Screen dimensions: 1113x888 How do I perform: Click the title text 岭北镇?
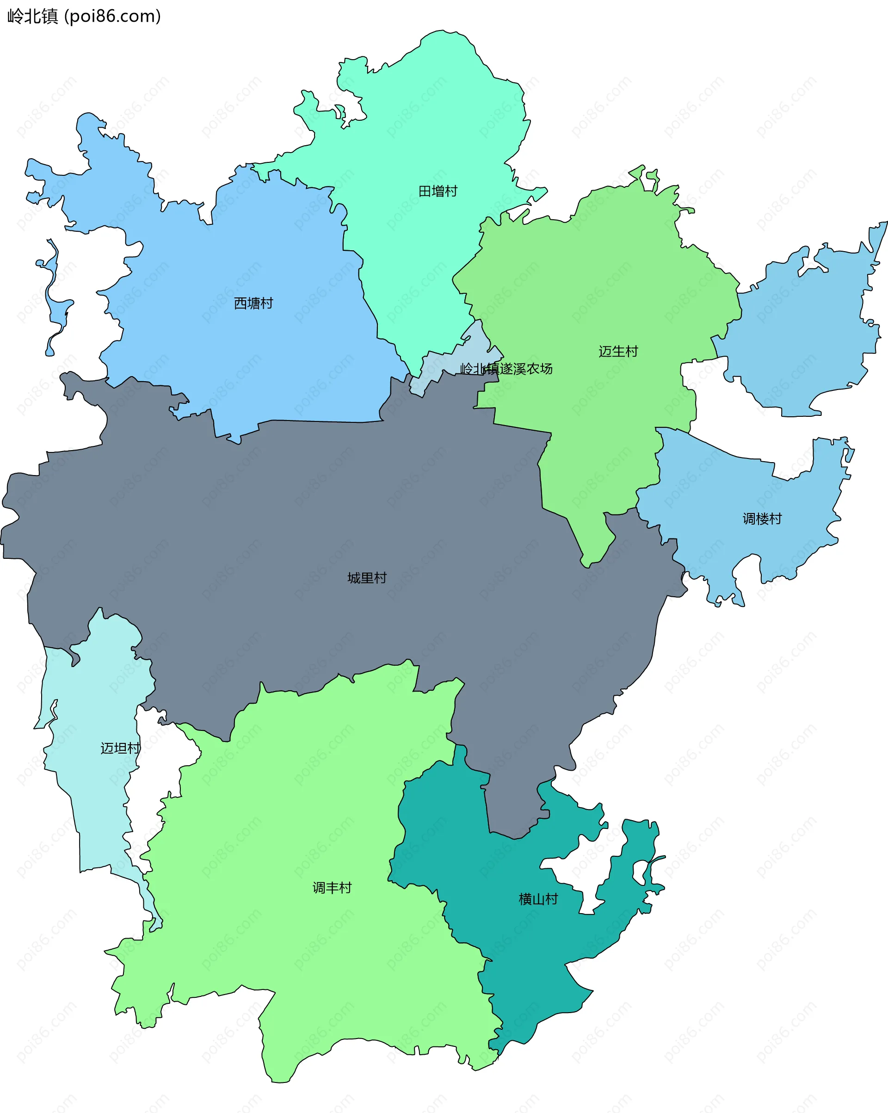pos(32,17)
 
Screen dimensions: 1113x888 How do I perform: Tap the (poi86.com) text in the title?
pos(112,17)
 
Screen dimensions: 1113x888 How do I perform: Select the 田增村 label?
pos(438,192)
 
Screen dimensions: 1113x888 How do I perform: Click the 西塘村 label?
pos(253,303)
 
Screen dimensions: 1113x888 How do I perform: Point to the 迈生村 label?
pos(618,352)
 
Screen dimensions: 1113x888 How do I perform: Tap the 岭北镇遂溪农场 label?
pos(506,369)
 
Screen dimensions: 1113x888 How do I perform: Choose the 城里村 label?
pos(367,578)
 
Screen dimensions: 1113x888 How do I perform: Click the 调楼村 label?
pos(762,518)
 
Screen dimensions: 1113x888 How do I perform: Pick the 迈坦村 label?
pos(120,748)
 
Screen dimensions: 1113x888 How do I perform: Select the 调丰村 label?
pos(332,887)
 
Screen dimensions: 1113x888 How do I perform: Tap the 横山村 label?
pos(538,899)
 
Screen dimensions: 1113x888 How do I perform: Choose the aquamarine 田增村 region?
pos(423,129)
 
